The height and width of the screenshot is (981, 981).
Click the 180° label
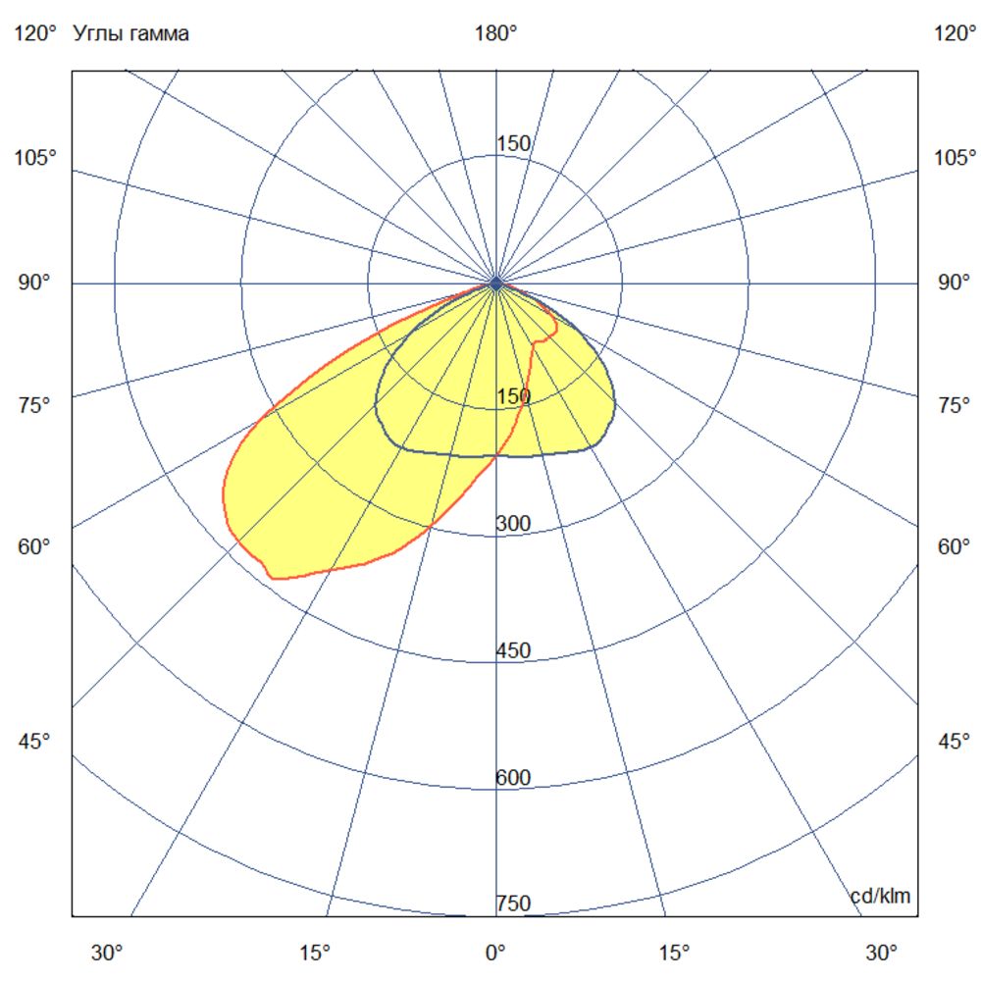[x=495, y=33]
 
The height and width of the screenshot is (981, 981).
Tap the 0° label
[x=495, y=952]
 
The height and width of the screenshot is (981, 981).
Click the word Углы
[x=96, y=34]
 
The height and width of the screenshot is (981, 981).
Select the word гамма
[x=156, y=34]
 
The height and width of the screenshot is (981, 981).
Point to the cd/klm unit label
[x=880, y=895]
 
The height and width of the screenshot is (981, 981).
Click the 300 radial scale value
[x=513, y=524]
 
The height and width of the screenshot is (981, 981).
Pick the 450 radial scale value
[x=513, y=650]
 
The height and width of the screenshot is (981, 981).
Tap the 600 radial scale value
[x=513, y=778]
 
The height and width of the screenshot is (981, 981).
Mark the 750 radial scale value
[x=513, y=903]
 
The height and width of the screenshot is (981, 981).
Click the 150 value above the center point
[x=513, y=144]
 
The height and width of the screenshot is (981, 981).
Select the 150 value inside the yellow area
[x=513, y=396]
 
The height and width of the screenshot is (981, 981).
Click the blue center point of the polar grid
[x=496, y=283]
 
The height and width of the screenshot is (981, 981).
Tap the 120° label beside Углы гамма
[x=35, y=33]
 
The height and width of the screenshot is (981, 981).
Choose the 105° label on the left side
[x=35, y=157]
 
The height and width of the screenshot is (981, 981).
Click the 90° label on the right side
[x=953, y=283]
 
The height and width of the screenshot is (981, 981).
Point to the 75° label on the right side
[x=953, y=405]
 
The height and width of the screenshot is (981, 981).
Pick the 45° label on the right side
[x=953, y=741]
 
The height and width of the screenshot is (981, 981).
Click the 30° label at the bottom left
[x=107, y=952]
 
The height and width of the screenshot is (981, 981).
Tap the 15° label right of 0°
[x=674, y=952]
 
